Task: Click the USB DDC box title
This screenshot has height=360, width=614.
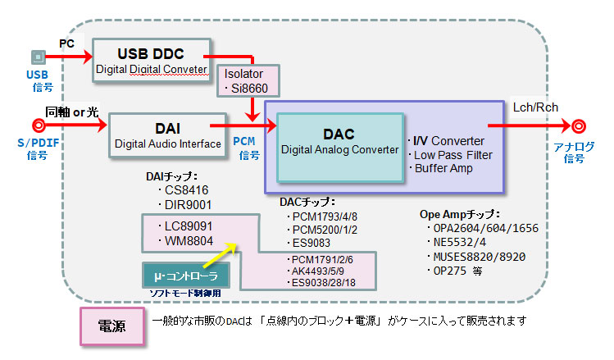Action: click(151, 53)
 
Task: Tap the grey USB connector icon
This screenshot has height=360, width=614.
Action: click(38, 57)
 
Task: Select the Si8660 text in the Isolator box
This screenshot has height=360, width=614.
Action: click(249, 89)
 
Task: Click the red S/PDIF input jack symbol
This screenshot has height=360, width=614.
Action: click(39, 125)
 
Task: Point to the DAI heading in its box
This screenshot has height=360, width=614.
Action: click(167, 129)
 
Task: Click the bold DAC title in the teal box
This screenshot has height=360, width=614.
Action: click(339, 134)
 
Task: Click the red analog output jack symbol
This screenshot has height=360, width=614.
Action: click(579, 126)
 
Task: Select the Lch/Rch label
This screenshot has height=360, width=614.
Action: click(535, 107)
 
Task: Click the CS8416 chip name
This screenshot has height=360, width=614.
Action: click(186, 190)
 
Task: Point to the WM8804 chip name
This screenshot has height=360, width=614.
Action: click(189, 241)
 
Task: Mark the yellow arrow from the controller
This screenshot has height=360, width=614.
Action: click(220, 255)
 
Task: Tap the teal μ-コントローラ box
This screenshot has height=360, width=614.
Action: click(185, 275)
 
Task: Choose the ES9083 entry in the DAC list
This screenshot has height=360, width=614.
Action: click(312, 243)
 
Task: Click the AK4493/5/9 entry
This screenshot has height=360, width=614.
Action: click(317, 271)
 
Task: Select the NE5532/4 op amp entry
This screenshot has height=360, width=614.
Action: click(459, 243)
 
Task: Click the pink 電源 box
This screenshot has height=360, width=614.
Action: click(112, 326)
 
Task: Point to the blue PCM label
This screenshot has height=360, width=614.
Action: click(244, 141)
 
